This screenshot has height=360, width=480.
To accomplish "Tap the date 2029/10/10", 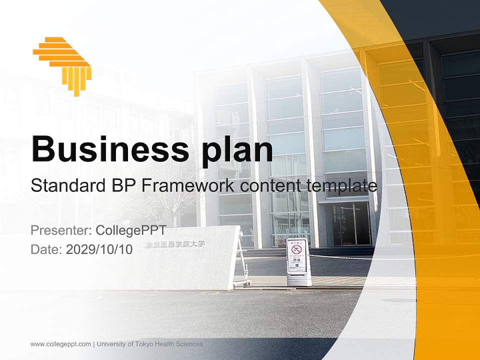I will click(x=99, y=249).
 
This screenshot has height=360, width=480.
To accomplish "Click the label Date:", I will click(x=46, y=249).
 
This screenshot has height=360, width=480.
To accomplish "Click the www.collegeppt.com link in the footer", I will click(x=60, y=344).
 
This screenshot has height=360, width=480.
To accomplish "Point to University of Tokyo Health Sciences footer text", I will click(x=150, y=344).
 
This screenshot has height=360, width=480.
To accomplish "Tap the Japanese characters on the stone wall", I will click(x=175, y=244).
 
